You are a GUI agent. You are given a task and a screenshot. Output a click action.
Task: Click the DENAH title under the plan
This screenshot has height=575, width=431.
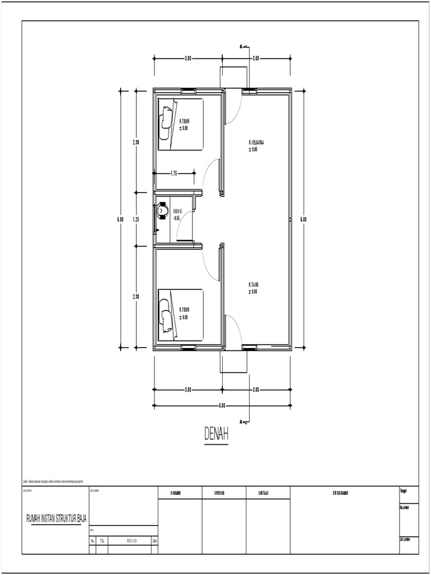click(216, 434)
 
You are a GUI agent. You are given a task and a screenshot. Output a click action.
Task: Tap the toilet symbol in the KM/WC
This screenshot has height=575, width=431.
click(163, 212)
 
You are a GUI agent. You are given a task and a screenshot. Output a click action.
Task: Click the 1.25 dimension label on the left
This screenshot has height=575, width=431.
click(136, 220)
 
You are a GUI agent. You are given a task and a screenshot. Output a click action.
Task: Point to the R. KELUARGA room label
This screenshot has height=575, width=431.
click(256, 143)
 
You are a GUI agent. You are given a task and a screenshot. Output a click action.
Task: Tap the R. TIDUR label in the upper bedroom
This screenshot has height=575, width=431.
click(184, 121)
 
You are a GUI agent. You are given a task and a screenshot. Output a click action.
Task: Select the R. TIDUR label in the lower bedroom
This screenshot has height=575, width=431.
click(184, 310)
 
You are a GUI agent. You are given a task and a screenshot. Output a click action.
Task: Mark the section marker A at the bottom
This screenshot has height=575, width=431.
click(241, 421)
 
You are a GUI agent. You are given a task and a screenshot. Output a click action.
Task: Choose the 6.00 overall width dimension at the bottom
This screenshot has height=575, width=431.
click(222, 405)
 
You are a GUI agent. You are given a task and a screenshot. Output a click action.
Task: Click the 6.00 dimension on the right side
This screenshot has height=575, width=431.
click(304, 220)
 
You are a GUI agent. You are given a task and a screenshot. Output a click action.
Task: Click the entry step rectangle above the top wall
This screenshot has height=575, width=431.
click(233, 77)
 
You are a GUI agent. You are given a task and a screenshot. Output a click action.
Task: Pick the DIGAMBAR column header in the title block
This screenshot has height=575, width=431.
click(180, 493)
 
